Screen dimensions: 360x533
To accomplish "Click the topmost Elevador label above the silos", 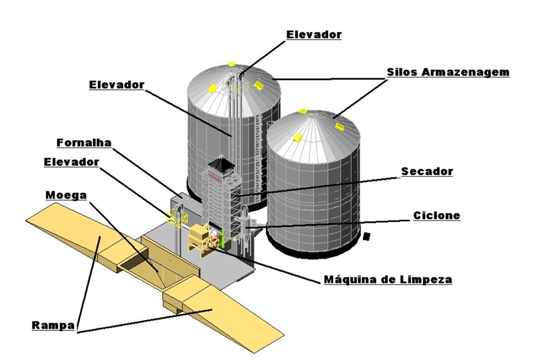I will [x=314, y=35].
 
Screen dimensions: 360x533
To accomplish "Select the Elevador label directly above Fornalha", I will [x=116, y=85].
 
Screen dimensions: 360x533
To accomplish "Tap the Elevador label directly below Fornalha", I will [x=71, y=162].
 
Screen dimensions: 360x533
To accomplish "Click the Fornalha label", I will [x=84, y=142].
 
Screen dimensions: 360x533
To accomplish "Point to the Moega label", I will [x=66, y=195].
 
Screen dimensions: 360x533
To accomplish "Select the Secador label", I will [x=427, y=171].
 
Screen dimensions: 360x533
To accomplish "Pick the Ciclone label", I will [x=437, y=215].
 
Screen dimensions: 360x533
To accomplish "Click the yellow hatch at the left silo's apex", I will [x=232, y=65].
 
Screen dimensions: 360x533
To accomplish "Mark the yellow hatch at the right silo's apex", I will [x=303, y=111].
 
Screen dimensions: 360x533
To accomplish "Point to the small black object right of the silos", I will [x=367, y=236].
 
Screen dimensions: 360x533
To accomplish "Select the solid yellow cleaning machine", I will [x=199, y=238].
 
